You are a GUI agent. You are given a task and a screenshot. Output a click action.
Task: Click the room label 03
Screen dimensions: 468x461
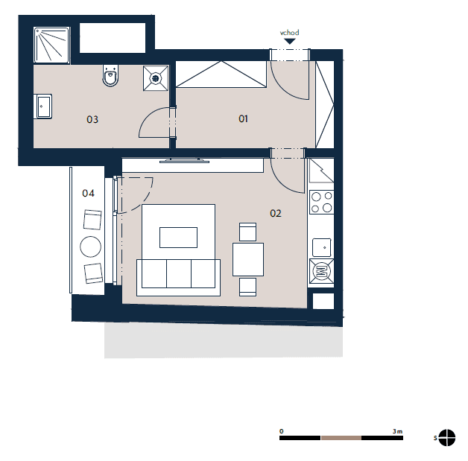pos(92,120)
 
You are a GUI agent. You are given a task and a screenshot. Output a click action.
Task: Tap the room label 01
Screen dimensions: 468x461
pos(243,119)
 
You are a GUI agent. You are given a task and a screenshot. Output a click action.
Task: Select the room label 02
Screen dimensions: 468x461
pos(276,213)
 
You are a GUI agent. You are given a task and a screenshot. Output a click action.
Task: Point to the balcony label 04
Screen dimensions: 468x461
pos(88,193)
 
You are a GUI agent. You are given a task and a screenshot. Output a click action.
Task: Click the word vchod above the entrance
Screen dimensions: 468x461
pos(289,33)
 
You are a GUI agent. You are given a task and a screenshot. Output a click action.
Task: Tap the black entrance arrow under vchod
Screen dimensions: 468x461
pos(289,41)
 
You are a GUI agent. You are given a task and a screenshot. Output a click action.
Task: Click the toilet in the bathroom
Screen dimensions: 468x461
pos(110,75)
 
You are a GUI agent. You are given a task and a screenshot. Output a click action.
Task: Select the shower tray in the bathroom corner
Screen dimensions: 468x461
pos(51,45)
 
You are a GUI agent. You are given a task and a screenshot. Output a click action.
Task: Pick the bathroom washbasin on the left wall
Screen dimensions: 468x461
pos(43,106)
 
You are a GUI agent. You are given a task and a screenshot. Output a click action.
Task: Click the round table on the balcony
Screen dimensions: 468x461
pos(90,247)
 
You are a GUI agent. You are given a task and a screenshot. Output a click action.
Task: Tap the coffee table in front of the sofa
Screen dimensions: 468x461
pos(179,238)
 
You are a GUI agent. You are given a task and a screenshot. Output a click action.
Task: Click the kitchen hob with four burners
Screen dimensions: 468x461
pos(321,202)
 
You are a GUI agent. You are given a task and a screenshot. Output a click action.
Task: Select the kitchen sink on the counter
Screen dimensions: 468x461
pos(321,247)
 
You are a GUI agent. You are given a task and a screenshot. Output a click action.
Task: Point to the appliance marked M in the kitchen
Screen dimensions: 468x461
pos(321,271)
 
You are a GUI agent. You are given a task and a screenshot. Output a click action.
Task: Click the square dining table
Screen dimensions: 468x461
pos(248,259)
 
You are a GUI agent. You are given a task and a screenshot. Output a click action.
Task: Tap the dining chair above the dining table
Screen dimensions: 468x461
pos(247,232)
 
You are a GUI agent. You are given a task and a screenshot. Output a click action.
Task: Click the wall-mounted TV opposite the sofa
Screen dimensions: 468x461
pos(185,162)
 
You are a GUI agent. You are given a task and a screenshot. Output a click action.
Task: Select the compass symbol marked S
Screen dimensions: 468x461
pos(447,438)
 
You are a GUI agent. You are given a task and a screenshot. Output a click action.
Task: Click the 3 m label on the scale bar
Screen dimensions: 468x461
pos(397,431)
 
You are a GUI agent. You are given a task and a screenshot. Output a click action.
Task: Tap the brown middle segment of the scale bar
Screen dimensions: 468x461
pos(341,438)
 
